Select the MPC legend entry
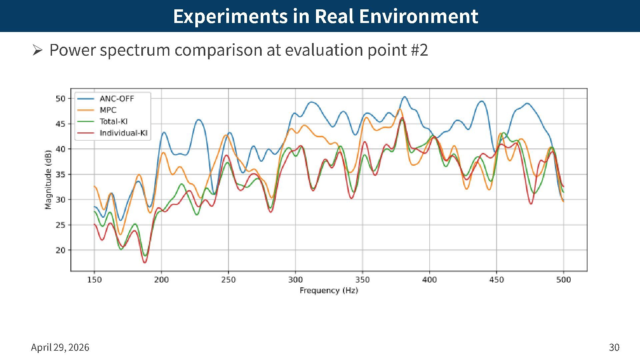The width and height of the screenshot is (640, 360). click(x=108, y=110)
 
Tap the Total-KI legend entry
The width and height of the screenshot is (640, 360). click(x=113, y=122)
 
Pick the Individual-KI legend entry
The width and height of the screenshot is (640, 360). click(x=123, y=133)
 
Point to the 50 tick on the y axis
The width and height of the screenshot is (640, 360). click(x=61, y=99)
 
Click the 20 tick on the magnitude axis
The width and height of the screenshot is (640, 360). click(x=61, y=250)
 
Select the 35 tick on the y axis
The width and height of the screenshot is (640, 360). click(x=61, y=174)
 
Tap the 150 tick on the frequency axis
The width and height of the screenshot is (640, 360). click(x=94, y=280)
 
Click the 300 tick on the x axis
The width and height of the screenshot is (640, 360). click(x=295, y=280)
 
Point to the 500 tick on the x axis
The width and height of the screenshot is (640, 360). click(x=563, y=280)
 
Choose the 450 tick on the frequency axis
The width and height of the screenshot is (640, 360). click(x=496, y=280)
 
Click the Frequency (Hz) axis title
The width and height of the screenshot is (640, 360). click(x=329, y=290)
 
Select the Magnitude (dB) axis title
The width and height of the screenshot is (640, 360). click(x=48, y=180)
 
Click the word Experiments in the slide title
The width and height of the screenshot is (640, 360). click(x=230, y=16)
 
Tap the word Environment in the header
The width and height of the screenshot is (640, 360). click(x=419, y=16)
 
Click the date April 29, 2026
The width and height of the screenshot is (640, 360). click(x=60, y=347)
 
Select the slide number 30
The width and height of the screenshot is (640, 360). click(x=614, y=347)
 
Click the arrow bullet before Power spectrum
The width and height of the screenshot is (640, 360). click(x=37, y=50)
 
